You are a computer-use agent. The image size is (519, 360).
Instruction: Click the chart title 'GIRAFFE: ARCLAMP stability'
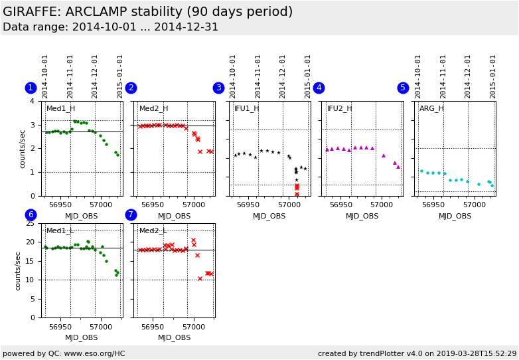coord(147,12)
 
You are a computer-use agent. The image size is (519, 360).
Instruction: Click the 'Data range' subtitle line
coord(110,27)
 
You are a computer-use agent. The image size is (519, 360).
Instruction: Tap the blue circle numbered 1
coord(31,88)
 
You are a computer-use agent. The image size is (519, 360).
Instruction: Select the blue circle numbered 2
coord(131,88)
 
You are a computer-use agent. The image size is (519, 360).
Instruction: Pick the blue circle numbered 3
coord(218,88)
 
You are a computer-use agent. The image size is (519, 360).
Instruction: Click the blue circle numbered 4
coord(319,88)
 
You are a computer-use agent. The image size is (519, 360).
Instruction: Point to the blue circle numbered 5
coord(403,88)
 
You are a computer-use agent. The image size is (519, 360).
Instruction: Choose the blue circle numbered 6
coord(31,215)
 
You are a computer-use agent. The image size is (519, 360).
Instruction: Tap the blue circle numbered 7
coord(131,215)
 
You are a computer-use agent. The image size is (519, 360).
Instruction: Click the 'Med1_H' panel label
coord(60,109)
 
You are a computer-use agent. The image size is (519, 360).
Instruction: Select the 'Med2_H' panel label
coord(153,109)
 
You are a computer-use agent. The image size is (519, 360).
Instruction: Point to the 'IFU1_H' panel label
coord(246,109)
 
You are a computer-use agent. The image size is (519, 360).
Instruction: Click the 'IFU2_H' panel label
coord(339,109)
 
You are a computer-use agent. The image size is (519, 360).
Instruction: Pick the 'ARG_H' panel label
coord(431,109)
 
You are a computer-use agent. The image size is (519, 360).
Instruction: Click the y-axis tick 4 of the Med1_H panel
coord(33,102)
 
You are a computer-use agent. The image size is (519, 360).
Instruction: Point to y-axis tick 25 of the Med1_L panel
coord(30,224)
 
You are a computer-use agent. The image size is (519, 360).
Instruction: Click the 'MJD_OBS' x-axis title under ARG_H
coord(455,216)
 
